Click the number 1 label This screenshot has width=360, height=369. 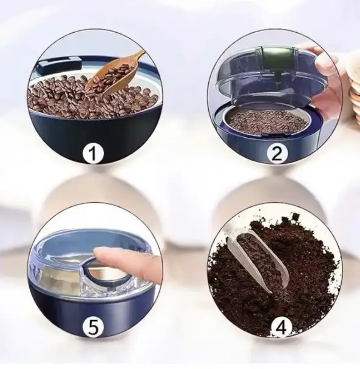tap(93, 153)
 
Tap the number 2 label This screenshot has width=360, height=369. tap(277, 153)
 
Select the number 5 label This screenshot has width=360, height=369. tap(93, 327)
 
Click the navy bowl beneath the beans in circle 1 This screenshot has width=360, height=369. tap(94, 137)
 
